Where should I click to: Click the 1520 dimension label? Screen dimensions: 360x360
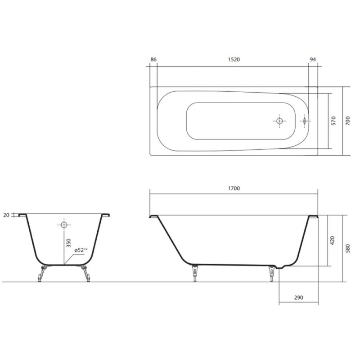point(234,59)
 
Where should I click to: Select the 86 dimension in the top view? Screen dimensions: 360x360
point(153,59)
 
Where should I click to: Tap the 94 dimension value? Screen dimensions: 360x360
point(313,59)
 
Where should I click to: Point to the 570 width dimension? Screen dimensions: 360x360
point(334,121)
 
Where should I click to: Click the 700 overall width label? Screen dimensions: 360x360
point(348,121)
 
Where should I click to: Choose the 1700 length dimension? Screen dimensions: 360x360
point(234,189)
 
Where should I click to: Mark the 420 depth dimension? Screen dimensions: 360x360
point(333,240)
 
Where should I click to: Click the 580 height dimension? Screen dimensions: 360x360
point(348,248)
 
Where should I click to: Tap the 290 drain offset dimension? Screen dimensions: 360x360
point(298,298)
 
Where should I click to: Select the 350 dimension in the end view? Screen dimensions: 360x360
point(69,243)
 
